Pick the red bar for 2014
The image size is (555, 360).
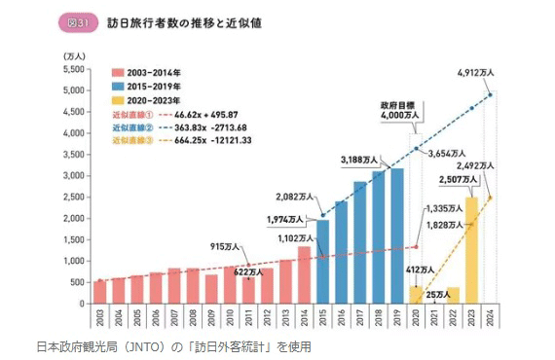point(304,275)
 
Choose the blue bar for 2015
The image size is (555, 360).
point(322,262)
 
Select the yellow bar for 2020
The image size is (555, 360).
point(417,295)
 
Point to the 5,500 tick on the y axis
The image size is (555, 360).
point(73,70)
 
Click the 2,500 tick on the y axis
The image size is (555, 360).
point(73,198)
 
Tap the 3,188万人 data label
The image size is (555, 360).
point(359,159)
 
